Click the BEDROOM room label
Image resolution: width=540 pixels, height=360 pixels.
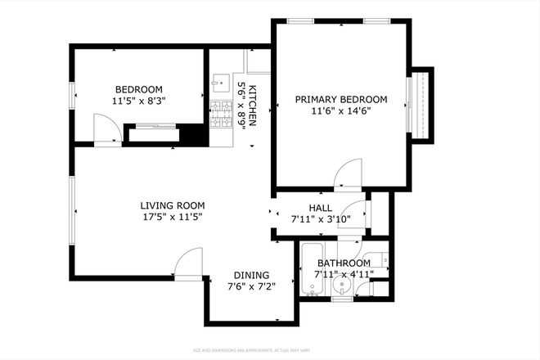coord(138,90)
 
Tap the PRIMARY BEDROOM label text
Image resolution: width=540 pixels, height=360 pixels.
coord(340,99)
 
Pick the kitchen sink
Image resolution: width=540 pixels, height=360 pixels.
coord(219,83)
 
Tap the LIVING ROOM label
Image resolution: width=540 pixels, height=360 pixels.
coord(172,205)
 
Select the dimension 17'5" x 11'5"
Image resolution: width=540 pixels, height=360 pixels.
coord(172,218)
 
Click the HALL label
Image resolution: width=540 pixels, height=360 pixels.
coord(320,208)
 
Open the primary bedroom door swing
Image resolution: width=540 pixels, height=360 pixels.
coord(347,173)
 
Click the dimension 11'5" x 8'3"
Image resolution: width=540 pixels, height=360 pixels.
coord(138,103)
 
